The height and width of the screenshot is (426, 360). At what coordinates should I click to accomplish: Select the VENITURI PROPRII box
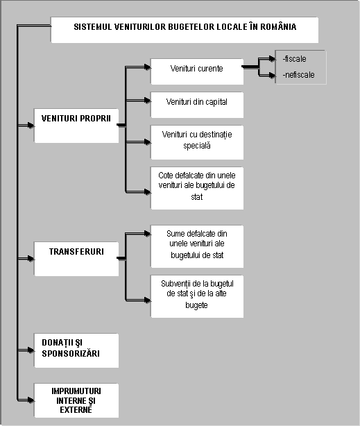click(x=76, y=126)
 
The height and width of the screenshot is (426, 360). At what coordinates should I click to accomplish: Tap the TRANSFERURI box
click(x=76, y=259)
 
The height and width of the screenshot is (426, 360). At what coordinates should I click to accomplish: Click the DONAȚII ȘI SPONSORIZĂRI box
click(x=76, y=350)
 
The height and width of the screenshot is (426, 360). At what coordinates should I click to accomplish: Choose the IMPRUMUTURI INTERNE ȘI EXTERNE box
click(x=76, y=400)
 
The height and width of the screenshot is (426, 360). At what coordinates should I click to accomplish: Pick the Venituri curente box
click(x=197, y=71)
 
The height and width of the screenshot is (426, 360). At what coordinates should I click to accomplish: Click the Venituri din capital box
click(x=197, y=105)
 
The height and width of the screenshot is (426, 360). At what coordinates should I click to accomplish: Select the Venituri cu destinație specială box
click(x=197, y=142)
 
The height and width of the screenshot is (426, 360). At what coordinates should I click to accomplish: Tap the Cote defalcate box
click(x=197, y=188)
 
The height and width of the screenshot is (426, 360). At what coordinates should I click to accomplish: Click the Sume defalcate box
click(x=197, y=246)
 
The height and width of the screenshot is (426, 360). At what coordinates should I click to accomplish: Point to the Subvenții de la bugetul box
click(x=197, y=296)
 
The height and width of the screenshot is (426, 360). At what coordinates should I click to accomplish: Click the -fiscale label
click(x=295, y=59)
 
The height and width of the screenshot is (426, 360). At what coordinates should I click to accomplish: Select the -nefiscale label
click(x=298, y=75)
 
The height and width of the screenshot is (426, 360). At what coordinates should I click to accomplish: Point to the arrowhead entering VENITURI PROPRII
click(x=31, y=126)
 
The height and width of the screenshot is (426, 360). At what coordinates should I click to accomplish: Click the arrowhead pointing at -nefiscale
click(x=272, y=75)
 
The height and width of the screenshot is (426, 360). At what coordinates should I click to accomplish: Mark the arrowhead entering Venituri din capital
click(x=148, y=101)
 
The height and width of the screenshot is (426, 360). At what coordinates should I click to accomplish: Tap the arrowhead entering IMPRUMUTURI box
click(x=31, y=400)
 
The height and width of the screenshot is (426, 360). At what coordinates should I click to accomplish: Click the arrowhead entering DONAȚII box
click(x=31, y=350)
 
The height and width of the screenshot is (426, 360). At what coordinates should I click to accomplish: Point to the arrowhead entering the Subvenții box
click(x=148, y=300)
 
